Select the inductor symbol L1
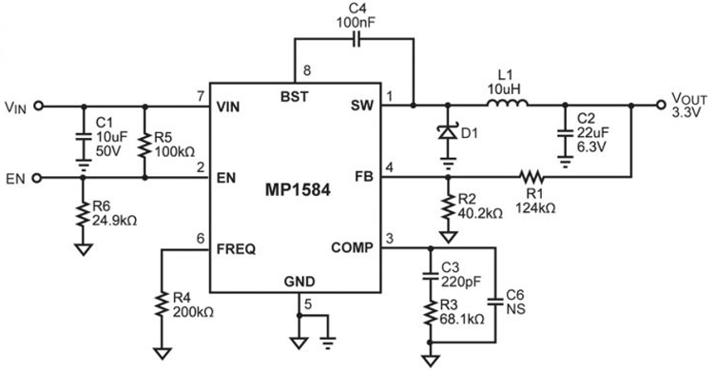(504, 106)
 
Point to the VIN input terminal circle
(38, 107)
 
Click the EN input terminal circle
(38, 177)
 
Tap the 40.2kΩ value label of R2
(480, 213)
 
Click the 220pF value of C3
(461, 283)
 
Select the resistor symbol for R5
(144, 143)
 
